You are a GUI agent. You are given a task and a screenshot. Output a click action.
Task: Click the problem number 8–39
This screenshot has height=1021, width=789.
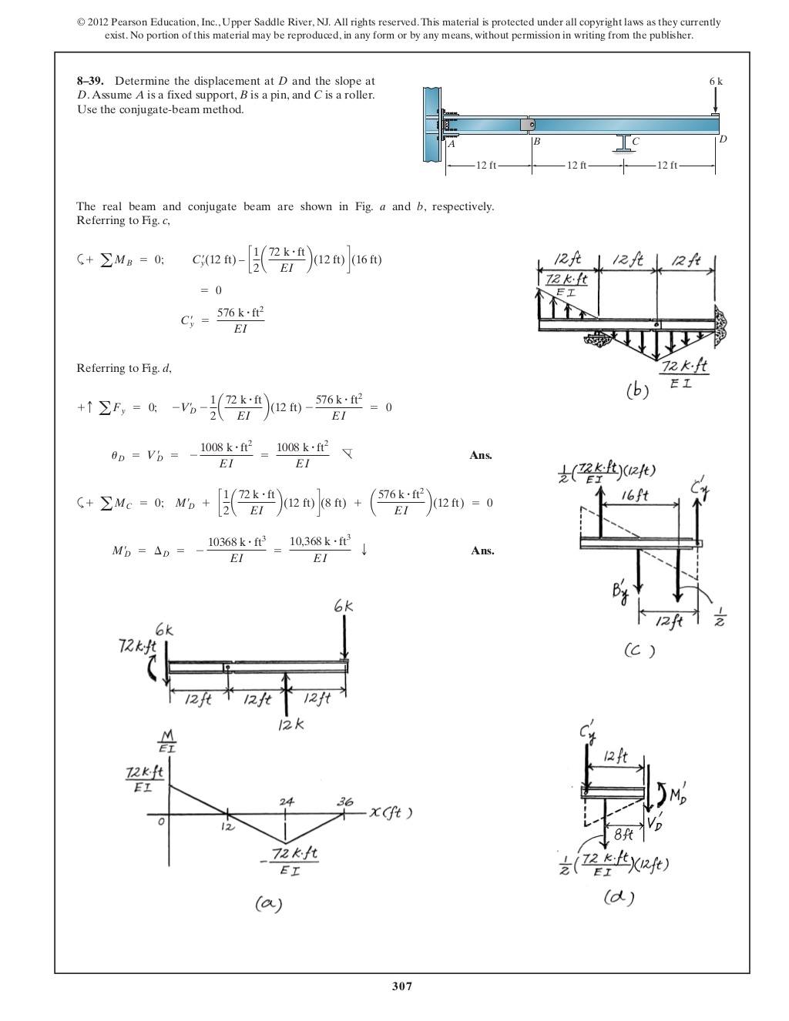tap(91, 81)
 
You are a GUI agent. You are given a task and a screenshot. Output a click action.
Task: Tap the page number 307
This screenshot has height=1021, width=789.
tap(401, 986)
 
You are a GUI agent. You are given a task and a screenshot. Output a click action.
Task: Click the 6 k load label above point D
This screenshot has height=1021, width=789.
tap(716, 81)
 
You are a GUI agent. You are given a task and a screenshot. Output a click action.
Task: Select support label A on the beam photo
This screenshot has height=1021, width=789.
tap(452, 144)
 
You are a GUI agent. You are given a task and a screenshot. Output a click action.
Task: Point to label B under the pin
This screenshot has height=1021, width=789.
tap(536, 142)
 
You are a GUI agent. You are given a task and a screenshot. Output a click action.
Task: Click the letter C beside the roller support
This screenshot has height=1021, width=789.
tap(636, 142)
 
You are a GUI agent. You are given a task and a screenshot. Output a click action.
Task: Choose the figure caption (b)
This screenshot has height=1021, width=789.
tap(637, 390)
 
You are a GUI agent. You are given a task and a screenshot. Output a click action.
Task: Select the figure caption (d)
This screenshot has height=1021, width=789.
tap(619, 897)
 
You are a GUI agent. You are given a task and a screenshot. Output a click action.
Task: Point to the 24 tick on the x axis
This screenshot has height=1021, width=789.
tap(286, 802)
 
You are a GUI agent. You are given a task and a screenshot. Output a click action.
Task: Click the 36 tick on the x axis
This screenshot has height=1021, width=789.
tap(344, 802)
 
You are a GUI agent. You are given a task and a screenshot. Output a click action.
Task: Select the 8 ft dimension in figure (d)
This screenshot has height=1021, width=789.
tap(623, 834)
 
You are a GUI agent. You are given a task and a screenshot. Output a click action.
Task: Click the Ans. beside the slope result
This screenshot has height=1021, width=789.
tap(481, 455)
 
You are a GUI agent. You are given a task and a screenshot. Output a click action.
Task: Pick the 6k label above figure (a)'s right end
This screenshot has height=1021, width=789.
tap(344, 607)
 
